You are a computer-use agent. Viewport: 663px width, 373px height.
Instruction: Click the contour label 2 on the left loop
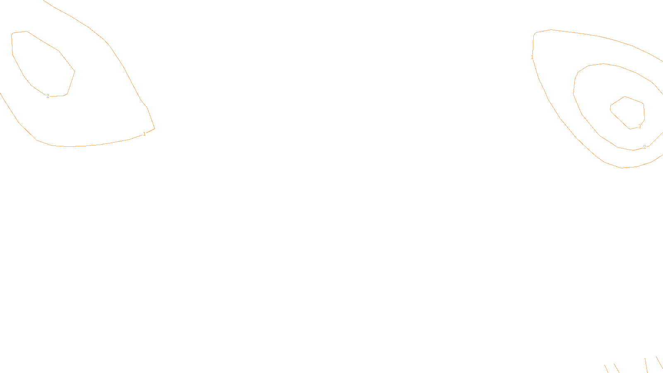tap(48, 96)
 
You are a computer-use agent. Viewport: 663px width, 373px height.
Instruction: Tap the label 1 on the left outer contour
tap(144, 134)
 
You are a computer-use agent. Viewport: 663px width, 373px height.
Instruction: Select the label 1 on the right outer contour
tap(532, 57)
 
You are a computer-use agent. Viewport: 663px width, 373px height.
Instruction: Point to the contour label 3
tap(639, 126)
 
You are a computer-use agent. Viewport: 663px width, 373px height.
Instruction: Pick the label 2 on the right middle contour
tap(644, 147)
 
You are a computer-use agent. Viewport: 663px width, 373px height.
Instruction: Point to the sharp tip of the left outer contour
tap(155, 128)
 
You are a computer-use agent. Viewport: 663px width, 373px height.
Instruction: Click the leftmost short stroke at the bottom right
tap(606, 368)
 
